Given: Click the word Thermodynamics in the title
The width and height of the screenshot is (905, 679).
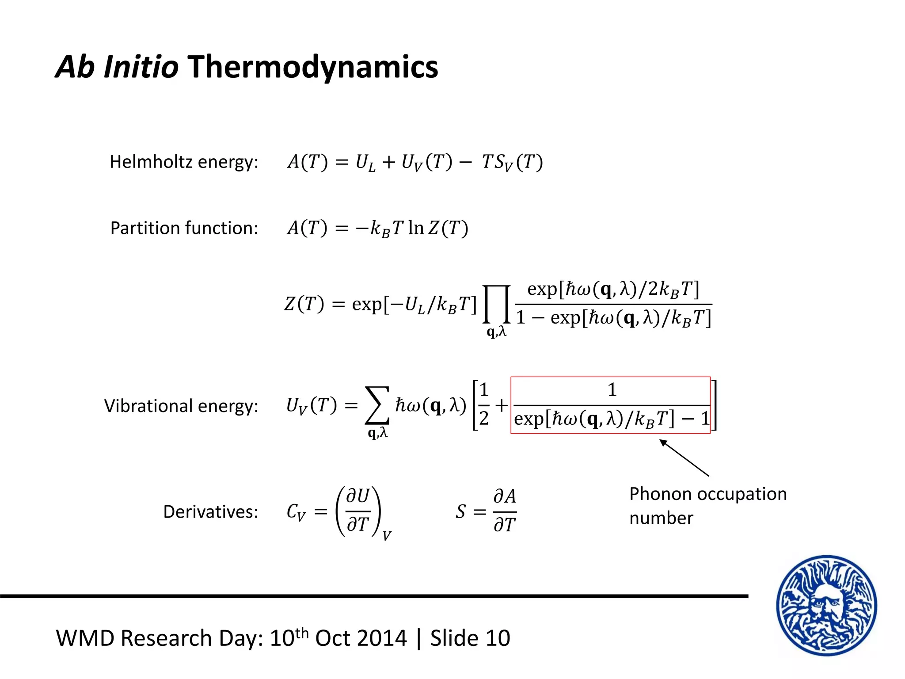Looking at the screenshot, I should pos(313,67).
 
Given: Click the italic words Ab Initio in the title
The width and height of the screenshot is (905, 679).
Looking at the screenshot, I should pos(117,67).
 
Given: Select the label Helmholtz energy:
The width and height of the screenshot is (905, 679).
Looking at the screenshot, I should pos(184,162).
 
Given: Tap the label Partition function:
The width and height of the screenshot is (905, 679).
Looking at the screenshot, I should pos(184,228).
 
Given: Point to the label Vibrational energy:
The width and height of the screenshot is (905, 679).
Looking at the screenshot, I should pos(181,406).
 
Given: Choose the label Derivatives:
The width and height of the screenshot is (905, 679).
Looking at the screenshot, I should pos(210,512).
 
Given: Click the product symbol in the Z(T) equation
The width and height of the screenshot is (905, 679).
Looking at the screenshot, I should pos(497,305).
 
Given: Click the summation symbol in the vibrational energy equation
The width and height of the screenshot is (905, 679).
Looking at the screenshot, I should pos(377,405).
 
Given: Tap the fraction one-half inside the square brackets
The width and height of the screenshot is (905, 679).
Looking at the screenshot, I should pos(484,404).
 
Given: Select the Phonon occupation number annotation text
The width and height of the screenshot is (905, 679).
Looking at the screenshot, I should pos(707,506).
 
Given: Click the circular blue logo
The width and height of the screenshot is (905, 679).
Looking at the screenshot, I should pos(826,605).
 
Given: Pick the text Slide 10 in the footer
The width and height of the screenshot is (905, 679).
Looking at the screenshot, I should pos(470,638).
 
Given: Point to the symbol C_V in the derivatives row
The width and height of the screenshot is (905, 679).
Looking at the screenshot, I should pos(296,512).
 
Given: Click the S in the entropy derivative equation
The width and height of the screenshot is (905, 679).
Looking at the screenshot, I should pos(460,512).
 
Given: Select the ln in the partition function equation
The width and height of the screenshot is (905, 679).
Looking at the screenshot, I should pos(416,228).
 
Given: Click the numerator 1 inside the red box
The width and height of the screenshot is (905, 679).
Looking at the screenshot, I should pos(612,390).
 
